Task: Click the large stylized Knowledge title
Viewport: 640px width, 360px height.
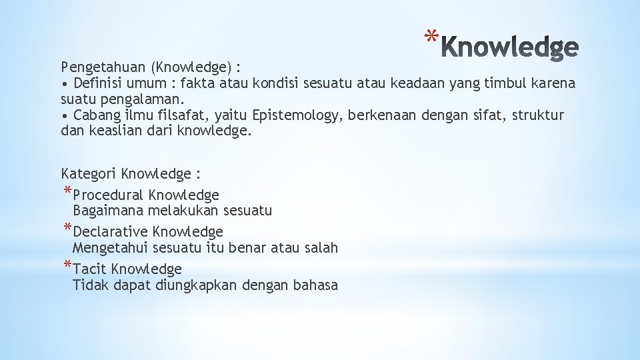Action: point(511,47)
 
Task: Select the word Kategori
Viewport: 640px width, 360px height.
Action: point(89,175)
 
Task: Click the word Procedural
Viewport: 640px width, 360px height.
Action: point(109,195)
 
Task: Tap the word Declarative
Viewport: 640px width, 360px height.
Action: point(111,233)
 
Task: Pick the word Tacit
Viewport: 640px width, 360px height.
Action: point(90,269)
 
